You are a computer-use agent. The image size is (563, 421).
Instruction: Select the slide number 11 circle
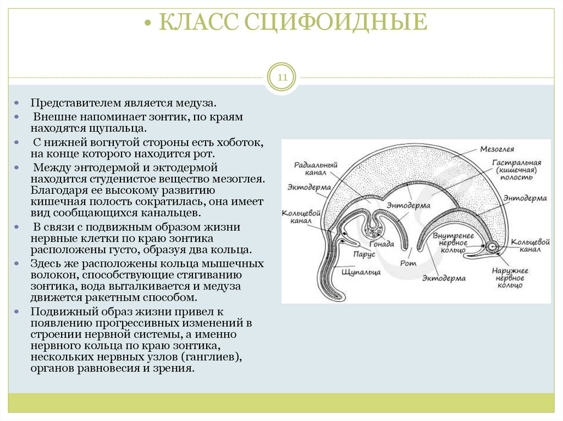tap(281, 78)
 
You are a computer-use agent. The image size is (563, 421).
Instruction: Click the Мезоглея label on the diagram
tap(496, 149)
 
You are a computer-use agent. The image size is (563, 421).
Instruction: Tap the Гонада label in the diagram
tap(382, 244)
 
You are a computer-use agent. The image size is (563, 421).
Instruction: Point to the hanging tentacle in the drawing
tap(328, 274)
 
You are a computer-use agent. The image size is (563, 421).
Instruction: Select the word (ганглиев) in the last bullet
tap(213, 358)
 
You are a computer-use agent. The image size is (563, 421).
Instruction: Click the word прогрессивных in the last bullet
tap(140, 322)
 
